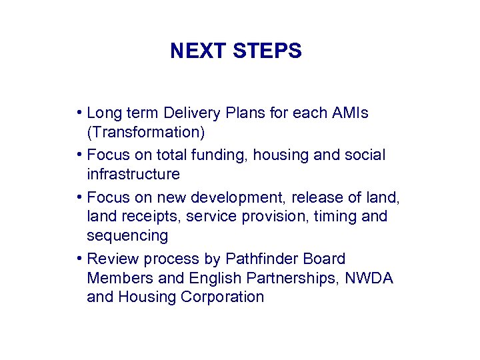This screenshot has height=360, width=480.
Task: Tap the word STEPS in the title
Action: click(267, 51)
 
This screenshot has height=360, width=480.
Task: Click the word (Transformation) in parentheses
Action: click(146, 133)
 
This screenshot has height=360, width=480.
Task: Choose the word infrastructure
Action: click(133, 175)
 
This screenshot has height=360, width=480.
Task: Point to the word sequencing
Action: click(127, 236)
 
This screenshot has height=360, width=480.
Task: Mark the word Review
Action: click(109, 259)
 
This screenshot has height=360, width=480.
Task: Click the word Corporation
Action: click(225, 297)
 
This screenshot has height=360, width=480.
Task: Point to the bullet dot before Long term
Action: click(79, 113)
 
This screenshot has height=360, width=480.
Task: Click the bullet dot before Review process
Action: click(79, 259)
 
